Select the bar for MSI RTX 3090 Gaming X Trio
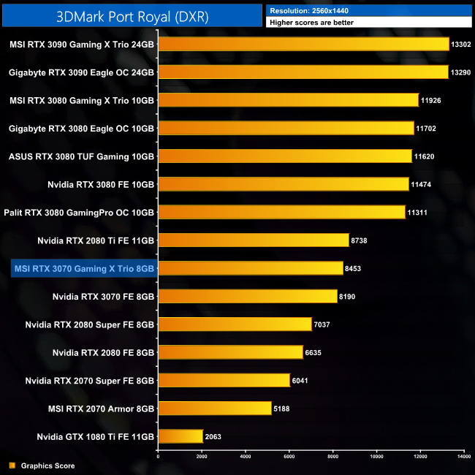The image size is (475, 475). pyautogui.click(x=303, y=44)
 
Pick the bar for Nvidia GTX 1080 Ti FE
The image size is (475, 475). pyautogui.click(x=180, y=436)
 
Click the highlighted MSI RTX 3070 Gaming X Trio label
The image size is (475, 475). pyautogui.click(x=83, y=269)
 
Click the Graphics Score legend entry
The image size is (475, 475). pyautogui.click(x=47, y=465)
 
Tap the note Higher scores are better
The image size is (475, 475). pyautogui.click(x=308, y=23)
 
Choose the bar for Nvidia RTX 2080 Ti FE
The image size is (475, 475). pyautogui.click(x=254, y=240)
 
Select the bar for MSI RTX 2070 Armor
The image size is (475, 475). pyautogui.click(x=215, y=408)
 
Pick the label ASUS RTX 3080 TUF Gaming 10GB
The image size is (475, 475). pyautogui.click(x=81, y=156)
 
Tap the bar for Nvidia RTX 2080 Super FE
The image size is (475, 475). pyautogui.click(x=235, y=324)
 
